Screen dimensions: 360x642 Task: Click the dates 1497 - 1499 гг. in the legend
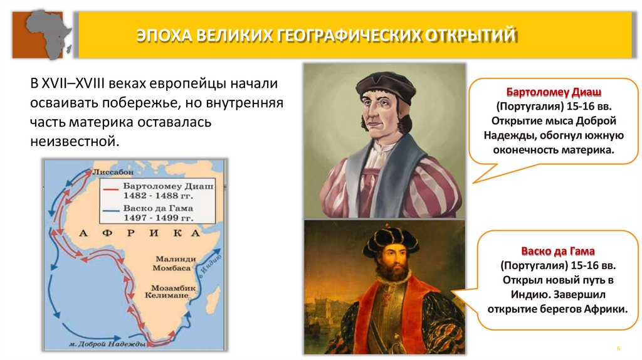pos(158,217)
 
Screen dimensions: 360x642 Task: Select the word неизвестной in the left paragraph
pos(73,140)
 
